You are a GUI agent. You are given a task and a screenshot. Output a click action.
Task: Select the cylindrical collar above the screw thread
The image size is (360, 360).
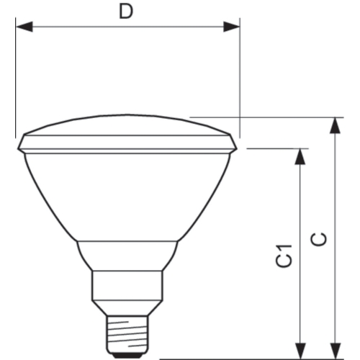(x=127, y=292)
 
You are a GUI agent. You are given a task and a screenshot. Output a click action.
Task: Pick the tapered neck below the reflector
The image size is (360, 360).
(x=127, y=256)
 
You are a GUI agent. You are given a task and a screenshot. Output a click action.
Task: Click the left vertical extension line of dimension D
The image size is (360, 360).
(x=15, y=79)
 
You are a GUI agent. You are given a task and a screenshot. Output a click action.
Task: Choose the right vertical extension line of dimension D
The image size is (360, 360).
(x=240, y=79)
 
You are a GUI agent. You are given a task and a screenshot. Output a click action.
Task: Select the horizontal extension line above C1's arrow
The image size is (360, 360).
(x=277, y=149)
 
